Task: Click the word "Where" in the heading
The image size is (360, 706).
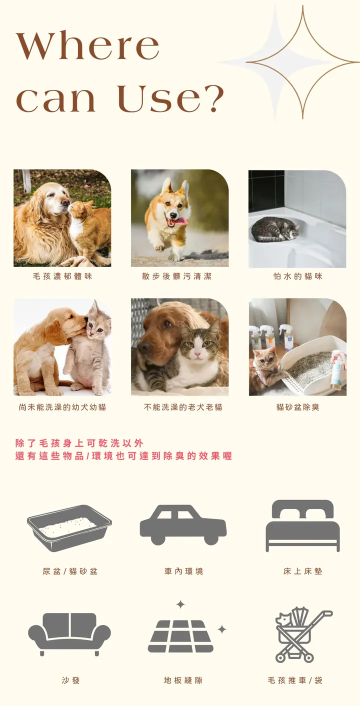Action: (x=87, y=45)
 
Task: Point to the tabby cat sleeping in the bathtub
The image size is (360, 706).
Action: (x=275, y=229)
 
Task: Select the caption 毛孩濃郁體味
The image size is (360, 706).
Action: (x=62, y=276)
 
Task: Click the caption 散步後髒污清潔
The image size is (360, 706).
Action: (x=176, y=276)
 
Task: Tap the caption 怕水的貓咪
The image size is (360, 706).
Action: (x=297, y=276)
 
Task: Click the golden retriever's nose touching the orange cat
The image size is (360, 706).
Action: (x=65, y=201)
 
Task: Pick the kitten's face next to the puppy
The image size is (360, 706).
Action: (x=98, y=327)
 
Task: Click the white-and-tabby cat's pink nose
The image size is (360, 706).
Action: (x=197, y=354)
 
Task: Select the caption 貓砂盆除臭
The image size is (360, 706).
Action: (x=297, y=407)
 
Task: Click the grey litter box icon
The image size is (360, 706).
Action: (x=69, y=528)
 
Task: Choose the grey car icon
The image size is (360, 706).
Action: (x=183, y=525)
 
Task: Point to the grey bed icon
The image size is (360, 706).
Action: (x=302, y=525)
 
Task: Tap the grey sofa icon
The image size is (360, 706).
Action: (x=69, y=634)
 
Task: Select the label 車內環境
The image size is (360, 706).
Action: (x=183, y=571)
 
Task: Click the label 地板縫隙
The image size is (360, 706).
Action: (x=183, y=680)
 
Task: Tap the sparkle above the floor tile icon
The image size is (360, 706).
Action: (x=180, y=604)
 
